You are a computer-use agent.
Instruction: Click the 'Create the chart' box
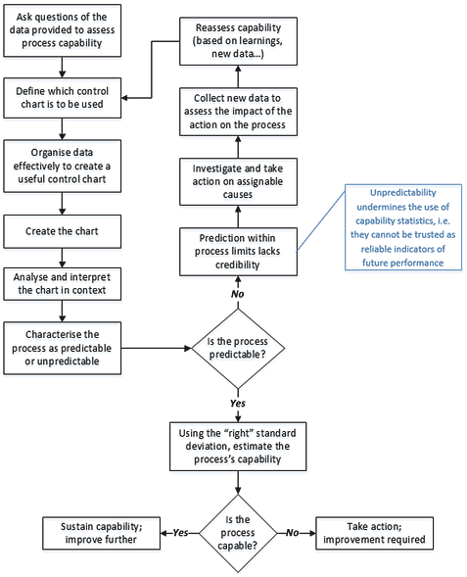tap(62, 231)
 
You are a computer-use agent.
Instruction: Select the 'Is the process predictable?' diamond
tap(238, 348)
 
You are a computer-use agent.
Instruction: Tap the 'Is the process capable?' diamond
tap(238, 533)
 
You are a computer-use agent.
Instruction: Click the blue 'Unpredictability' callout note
tap(403, 227)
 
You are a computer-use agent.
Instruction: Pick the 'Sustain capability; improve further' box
tap(101, 533)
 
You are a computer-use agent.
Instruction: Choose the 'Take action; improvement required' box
tap(374, 533)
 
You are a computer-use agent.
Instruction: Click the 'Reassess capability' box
tap(238, 41)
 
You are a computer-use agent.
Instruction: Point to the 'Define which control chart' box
tap(62, 98)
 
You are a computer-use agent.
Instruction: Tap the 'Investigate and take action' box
tap(238, 182)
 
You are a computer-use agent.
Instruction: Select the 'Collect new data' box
tap(238, 112)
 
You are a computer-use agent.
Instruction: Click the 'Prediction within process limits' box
tap(238, 252)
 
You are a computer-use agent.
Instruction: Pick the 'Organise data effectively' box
tap(62, 166)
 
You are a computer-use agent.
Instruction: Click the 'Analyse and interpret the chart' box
tap(62, 284)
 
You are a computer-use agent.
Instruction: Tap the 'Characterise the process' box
tap(62, 348)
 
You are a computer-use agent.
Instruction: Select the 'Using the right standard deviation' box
tap(238, 447)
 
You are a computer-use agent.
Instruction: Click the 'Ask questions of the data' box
tap(62, 30)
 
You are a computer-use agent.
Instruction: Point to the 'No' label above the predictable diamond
tap(238, 294)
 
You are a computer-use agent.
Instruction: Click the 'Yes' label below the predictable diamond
tap(238, 404)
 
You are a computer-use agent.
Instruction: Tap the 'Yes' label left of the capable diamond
tap(180, 533)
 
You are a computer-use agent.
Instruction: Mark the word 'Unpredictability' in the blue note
tap(403, 193)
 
